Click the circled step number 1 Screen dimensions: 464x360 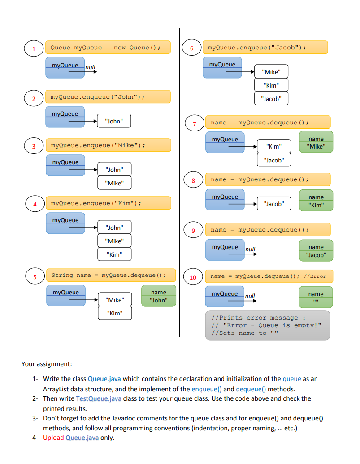click(33, 48)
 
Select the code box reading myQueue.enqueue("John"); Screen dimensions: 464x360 click(108, 97)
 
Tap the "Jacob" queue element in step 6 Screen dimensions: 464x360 click(271, 99)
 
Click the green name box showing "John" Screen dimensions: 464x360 click(159, 296)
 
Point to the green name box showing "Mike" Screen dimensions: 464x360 click(316, 142)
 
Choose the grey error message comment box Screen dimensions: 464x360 click(267, 325)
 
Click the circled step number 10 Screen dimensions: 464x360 click(193, 277)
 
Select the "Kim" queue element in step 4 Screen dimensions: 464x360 click(115, 254)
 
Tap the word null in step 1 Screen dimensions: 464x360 click(91, 68)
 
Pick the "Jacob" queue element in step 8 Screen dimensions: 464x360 click(274, 204)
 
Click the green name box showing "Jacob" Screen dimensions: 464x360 click(316, 251)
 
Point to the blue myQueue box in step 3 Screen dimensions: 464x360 click(65, 166)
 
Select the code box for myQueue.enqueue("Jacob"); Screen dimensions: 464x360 click(265, 48)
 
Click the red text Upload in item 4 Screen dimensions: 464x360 click(53, 438)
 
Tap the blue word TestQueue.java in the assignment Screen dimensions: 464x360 click(99, 398)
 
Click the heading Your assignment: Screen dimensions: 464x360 click(47, 364)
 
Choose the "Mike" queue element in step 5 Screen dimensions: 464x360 click(115, 300)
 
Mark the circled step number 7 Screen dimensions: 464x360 click(194, 123)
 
